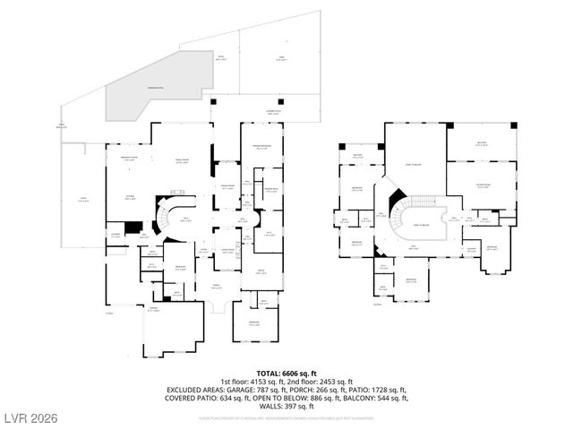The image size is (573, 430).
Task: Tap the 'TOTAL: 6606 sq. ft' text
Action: click(x=286, y=372)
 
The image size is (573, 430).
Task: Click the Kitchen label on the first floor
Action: click(x=130, y=199)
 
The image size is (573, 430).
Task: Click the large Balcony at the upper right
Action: click(x=482, y=143)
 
